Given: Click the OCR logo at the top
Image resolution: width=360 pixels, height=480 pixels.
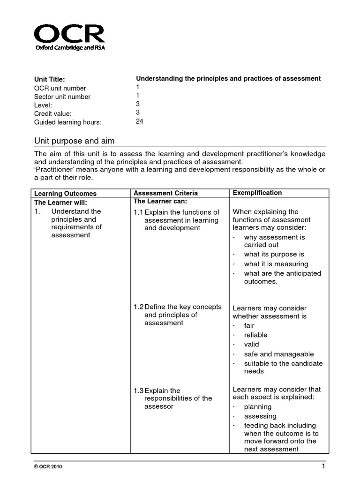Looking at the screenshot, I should click(69, 38).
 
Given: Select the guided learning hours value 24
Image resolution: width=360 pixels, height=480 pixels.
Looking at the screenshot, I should click(140, 121).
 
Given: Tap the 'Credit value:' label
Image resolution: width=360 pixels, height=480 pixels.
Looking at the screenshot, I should click(53, 113).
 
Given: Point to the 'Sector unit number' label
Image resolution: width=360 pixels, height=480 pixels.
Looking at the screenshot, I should click(62, 97).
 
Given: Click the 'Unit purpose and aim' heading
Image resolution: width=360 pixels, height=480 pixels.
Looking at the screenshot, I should click(75, 141).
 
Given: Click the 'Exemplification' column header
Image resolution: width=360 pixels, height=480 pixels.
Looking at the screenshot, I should click(257, 193).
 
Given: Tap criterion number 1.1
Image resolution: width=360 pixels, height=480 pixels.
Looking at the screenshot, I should click(139, 212).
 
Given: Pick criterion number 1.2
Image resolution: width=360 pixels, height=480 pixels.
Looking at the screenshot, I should click(139, 307).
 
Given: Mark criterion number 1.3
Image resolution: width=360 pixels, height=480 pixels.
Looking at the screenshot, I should click(139, 390).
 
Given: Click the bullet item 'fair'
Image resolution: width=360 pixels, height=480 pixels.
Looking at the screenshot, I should click(249, 325).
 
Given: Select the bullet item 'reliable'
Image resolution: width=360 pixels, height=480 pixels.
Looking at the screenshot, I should click(255, 335).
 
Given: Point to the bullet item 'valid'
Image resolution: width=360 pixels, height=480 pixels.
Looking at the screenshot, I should click(251, 345).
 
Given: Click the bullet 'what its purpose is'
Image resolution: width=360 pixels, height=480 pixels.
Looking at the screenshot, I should click(274, 254).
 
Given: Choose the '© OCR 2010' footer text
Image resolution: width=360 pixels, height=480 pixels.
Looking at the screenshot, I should click(48, 467).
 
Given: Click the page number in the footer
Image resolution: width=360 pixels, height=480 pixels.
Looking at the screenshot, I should click(323, 466).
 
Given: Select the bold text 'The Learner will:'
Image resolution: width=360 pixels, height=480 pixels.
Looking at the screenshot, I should click(60, 202).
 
